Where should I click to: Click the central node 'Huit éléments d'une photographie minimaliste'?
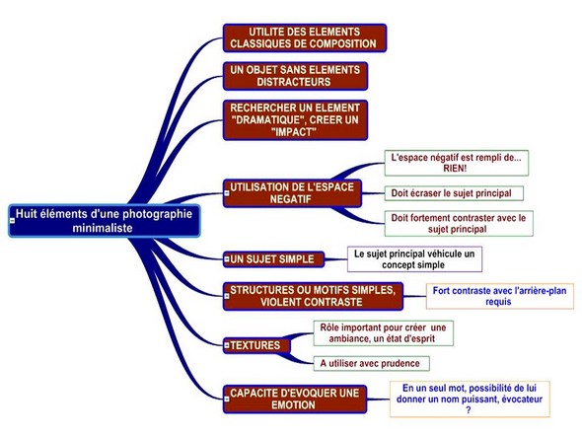105,221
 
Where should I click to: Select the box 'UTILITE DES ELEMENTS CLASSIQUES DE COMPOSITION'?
305,37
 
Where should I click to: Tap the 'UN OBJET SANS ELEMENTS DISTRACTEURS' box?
295,76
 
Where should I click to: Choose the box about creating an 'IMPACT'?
295,120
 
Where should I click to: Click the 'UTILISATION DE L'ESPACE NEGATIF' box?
292,193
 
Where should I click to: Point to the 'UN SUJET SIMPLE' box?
273,259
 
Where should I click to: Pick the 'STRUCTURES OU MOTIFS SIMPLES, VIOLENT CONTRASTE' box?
313,296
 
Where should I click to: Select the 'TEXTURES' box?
256,345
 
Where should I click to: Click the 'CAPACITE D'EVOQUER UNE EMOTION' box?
295,400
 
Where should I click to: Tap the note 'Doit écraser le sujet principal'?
454,193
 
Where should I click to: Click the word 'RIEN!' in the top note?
455,169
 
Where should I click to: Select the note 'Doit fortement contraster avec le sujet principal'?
459,223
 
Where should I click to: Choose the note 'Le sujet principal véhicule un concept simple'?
414,259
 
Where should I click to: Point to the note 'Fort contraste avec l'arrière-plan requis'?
499,296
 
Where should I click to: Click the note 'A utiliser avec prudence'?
372,363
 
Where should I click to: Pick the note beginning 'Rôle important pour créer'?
383,333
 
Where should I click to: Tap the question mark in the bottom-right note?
469,410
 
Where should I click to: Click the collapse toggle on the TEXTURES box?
227,345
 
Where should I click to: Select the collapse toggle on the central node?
12,221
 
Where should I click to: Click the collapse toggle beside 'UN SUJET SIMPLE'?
227,259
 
